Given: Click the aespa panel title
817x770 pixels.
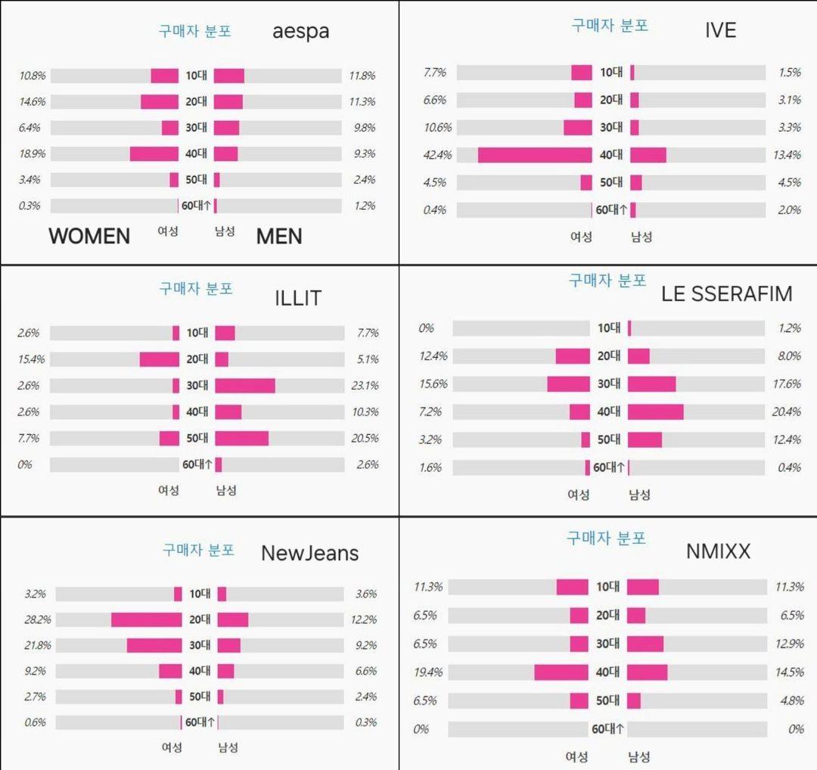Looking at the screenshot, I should coord(300,32).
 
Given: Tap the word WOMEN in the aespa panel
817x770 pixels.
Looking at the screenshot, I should coord(89,236).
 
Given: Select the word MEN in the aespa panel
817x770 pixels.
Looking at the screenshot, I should coord(279,236).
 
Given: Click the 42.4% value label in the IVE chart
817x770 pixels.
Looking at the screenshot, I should coord(437,155).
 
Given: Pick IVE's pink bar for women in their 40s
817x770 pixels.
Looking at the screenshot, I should coord(535,155).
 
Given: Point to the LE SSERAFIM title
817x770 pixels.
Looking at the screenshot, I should coord(726,293).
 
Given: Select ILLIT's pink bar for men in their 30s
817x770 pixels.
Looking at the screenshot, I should coord(245,386).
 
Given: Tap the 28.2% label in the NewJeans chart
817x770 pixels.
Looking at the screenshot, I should coord(37,619).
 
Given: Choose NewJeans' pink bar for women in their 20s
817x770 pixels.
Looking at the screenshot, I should coord(147,619).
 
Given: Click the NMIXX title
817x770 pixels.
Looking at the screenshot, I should coord(718,551).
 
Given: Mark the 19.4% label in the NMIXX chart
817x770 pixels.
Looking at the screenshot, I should coord(427,672).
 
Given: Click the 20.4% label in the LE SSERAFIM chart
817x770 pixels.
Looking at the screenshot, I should coord(788,411).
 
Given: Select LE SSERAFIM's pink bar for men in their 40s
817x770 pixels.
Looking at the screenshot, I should coord(655,411).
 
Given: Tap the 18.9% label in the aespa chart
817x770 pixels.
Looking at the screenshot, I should coord(33,154).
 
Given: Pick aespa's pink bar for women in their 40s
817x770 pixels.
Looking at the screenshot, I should coord(154,154).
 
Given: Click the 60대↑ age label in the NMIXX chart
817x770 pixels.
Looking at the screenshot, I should coord(607,729).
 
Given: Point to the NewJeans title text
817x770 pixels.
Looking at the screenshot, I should coord(309,553).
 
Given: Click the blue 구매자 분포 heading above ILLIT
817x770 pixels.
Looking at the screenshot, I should coord(196,288).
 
